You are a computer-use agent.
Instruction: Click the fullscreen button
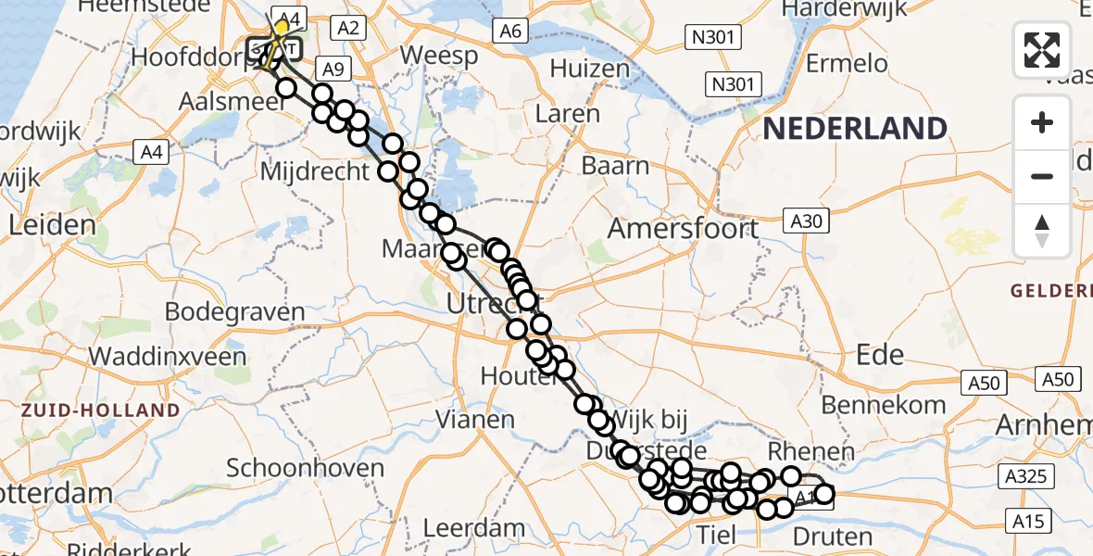[x=1042, y=50]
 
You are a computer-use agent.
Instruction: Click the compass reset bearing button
[x=1042, y=230]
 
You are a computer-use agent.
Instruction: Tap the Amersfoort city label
[x=683, y=228]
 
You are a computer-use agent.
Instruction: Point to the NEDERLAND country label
[x=854, y=128]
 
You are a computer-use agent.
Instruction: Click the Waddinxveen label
[x=167, y=357]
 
